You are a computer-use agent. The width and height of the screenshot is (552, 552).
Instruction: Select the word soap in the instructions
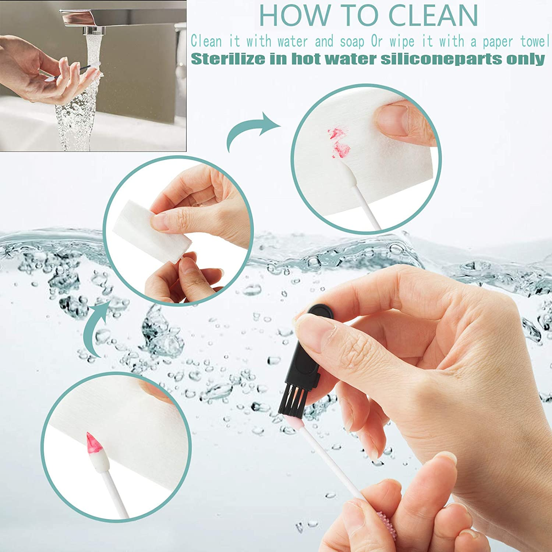coord(352,41)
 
